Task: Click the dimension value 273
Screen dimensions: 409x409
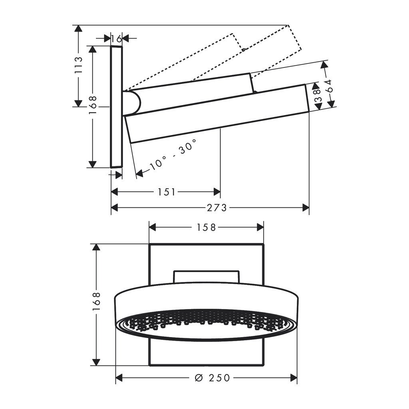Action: (217, 208)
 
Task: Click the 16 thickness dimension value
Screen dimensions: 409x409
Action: (116, 39)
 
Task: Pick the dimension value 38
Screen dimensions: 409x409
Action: (317, 96)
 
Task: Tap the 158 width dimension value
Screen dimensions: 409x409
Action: (206, 228)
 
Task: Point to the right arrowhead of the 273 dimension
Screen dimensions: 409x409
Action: (306, 207)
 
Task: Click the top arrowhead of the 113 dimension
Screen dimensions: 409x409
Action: (79, 29)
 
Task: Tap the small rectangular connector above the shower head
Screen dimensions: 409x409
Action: (206, 276)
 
